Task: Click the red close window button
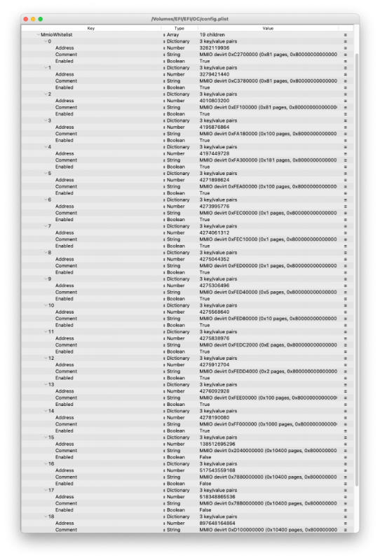point(26,19)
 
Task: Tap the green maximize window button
point(41,19)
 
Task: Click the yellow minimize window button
point(33,19)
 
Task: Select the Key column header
point(91,28)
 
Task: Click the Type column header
point(179,28)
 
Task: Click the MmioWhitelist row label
point(57,34)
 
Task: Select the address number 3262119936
point(215,48)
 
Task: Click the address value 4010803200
point(215,100)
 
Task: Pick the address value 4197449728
point(215,153)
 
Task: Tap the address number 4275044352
point(215,259)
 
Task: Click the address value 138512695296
point(217,444)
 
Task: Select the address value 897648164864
point(217,523)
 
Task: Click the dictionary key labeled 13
point(50,384)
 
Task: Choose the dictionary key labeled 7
point(48,226)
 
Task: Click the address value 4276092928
point(215,391)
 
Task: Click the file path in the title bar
point(189,19)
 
